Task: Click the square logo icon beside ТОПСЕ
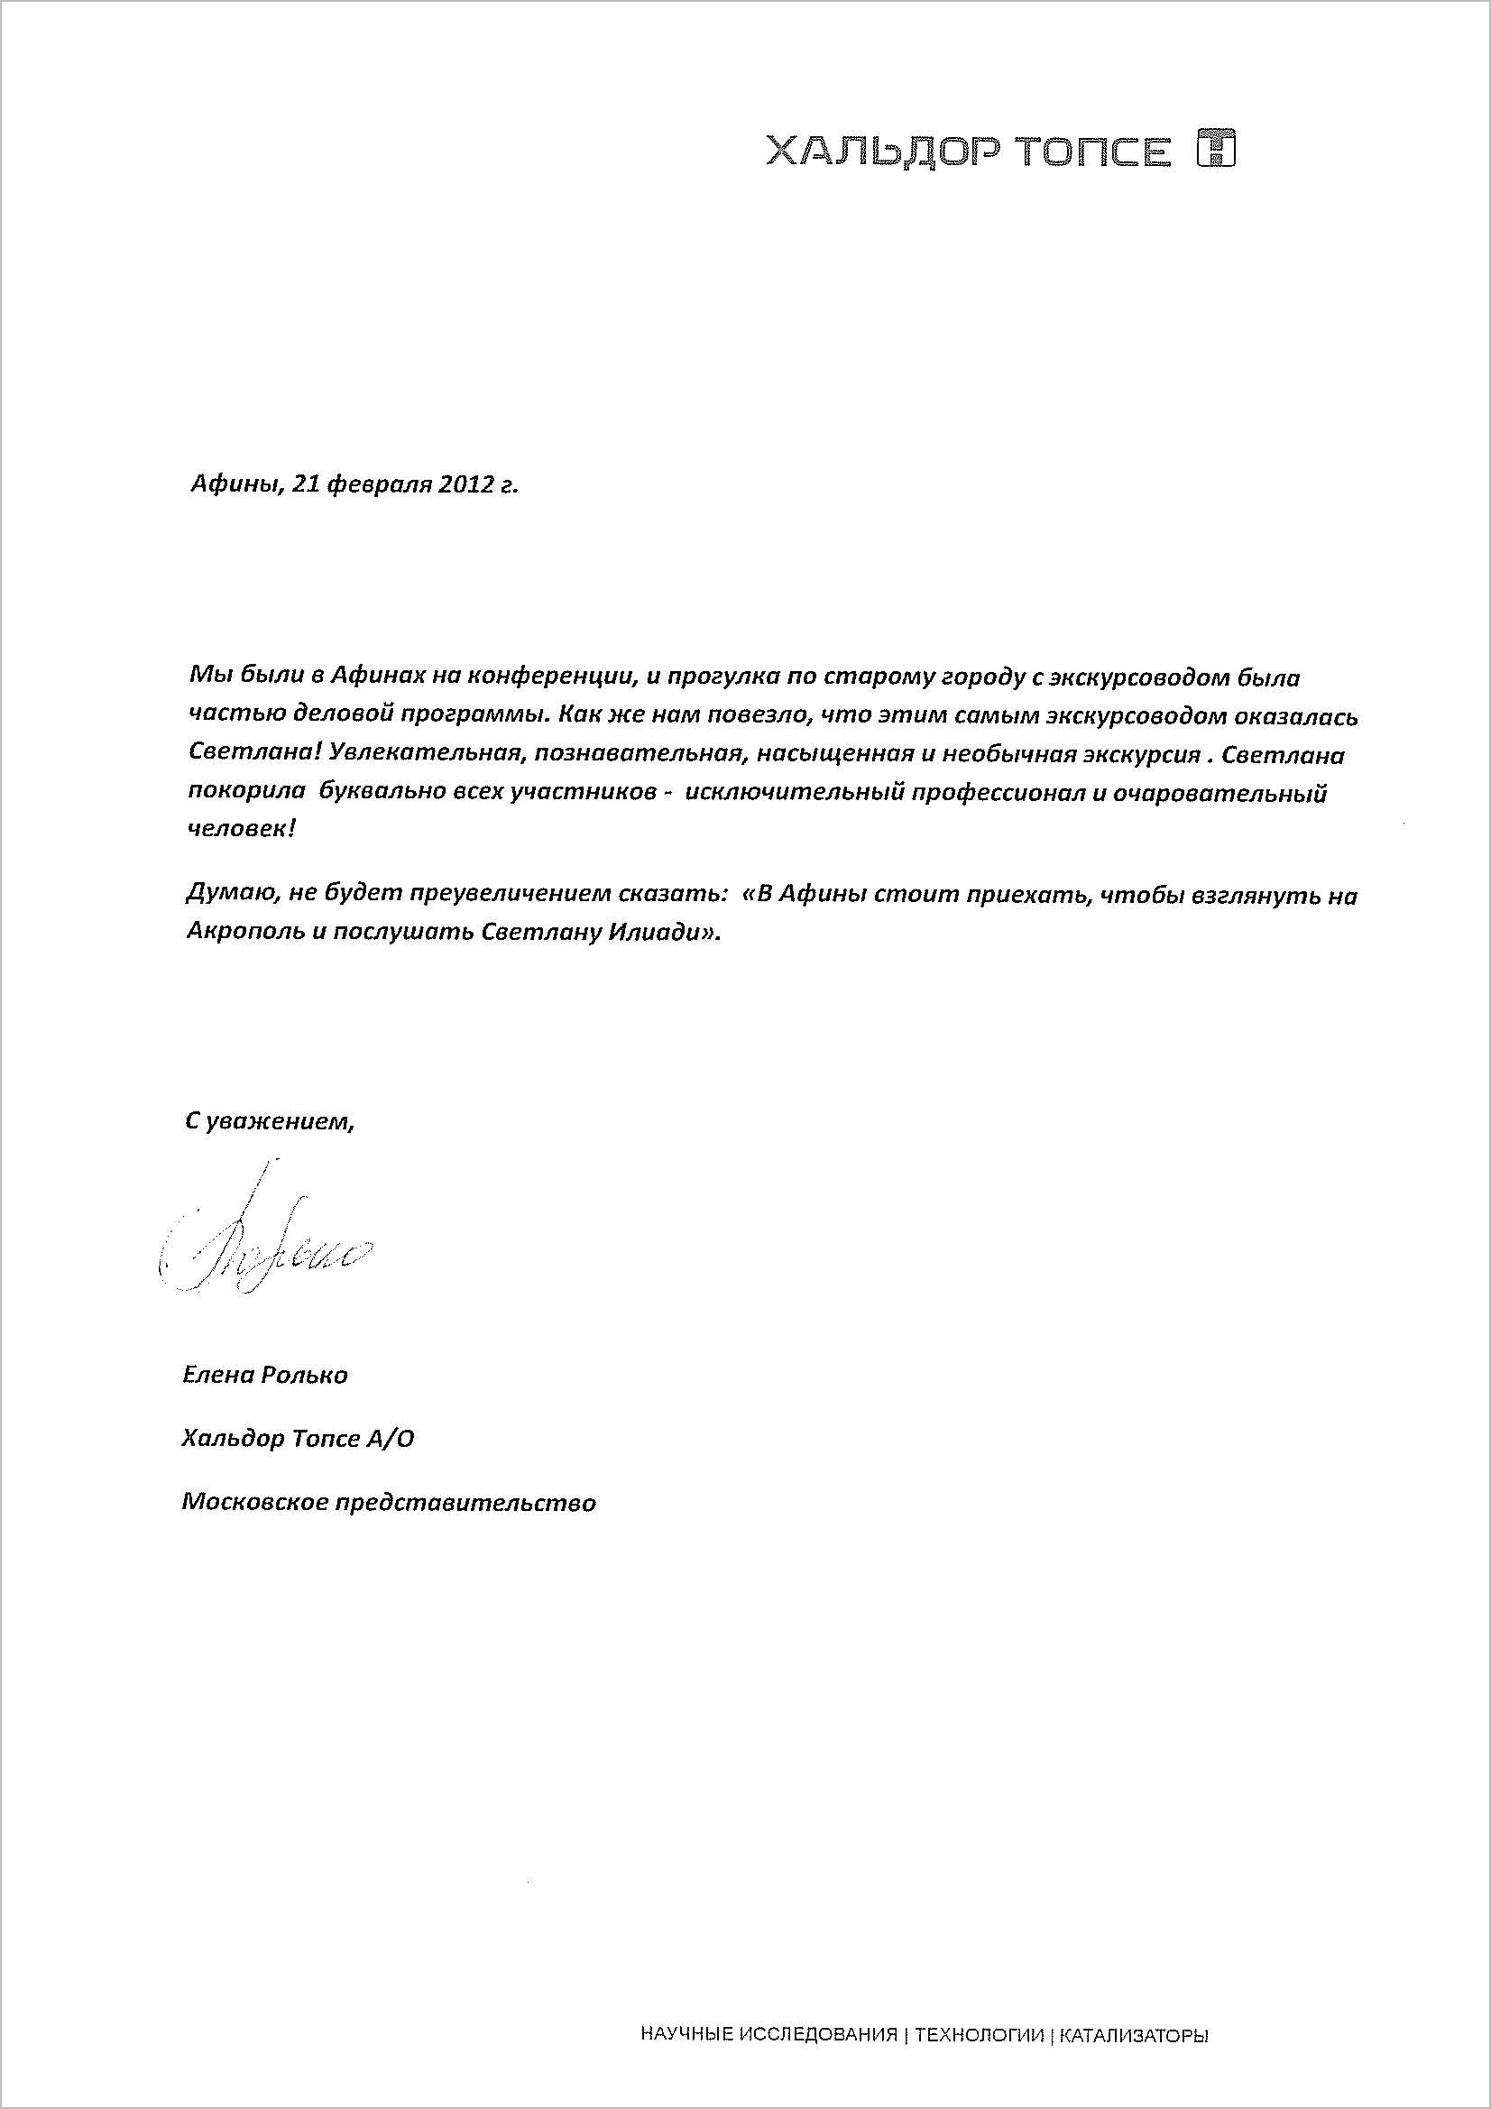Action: pyautogui.click(x=1216, y=150)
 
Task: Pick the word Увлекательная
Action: pyautogui.click(x=414, y=756)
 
